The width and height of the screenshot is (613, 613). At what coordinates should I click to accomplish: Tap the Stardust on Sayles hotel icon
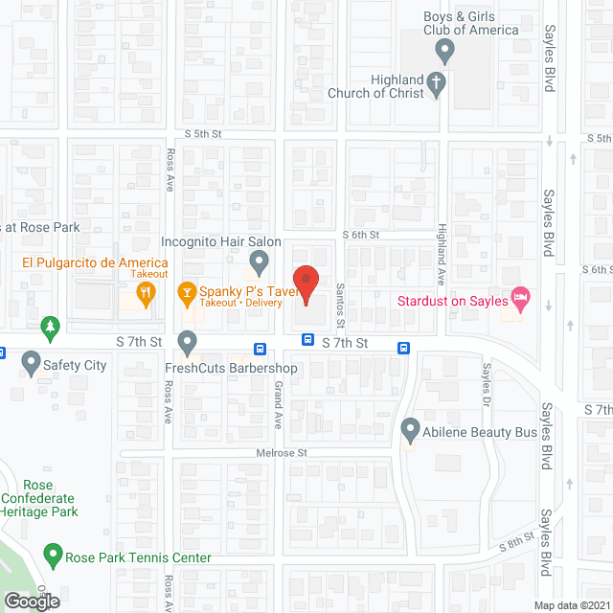pos(521,298)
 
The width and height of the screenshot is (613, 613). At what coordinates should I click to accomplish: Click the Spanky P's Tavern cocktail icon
pos(188,292)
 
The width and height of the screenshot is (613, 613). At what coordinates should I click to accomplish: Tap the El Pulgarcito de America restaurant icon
pos(146,292)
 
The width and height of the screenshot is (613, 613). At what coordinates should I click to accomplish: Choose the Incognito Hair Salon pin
pos(259,260)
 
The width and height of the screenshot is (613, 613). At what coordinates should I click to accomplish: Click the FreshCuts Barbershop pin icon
pos(188,340)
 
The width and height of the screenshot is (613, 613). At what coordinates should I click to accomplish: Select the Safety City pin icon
pos(31,363)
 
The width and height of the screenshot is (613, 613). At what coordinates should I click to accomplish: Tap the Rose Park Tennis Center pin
pos(53,554)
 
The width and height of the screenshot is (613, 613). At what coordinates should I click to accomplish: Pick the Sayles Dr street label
pos(487,381)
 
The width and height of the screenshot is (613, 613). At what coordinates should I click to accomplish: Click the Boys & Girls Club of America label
pos(471,23)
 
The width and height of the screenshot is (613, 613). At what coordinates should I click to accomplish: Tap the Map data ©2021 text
pos(571,604)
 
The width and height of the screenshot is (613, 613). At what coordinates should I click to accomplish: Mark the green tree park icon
pos(50,329)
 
